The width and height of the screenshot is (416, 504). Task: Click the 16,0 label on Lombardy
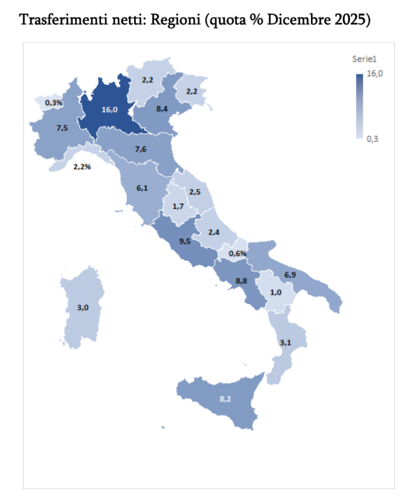(109, 110)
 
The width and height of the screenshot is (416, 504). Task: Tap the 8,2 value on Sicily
(225, 399)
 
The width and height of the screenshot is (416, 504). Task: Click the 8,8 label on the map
(241, 281)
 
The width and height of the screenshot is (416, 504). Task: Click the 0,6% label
(237, 253)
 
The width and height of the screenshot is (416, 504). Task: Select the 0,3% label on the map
(54, 102)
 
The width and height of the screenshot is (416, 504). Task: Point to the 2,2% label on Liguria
(82, 167)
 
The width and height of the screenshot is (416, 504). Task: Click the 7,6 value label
(141, 149)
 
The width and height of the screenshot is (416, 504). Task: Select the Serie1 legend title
(364, 60)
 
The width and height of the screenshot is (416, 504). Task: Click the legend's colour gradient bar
(360, 106)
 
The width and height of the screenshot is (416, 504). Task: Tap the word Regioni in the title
(174, 21)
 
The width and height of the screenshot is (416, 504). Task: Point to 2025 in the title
(347, 21)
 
